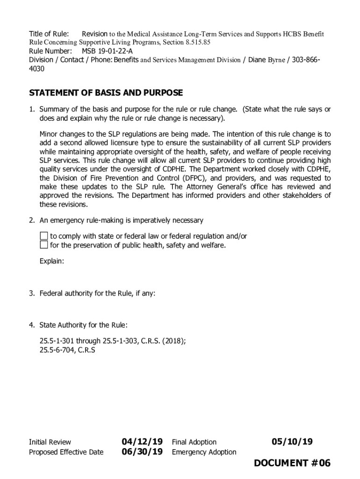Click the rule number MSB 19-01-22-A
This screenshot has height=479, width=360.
click(107, 51)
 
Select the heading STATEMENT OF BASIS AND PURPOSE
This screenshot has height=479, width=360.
click(106, 93)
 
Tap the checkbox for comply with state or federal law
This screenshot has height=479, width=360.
click(44, 236)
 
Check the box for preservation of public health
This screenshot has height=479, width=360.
click(44, 245)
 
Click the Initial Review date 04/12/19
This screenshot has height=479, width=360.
click(142, 442)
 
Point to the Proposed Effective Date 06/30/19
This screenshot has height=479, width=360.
click(142, 452)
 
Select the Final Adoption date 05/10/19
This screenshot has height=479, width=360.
click(292, 442)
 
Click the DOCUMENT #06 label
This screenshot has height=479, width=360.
click(292, 463)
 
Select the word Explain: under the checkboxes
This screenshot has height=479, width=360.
click(51, 261)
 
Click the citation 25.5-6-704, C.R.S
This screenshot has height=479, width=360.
click(67, 349)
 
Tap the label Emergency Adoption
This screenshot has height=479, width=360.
click(204, 452)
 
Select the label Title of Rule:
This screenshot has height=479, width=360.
click(49, 34)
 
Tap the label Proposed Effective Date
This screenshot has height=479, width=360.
click(66, 452)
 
